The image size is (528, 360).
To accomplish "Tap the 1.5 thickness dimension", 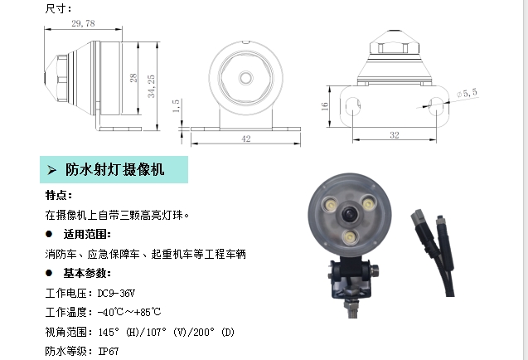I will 176,106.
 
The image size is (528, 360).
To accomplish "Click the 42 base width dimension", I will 246,139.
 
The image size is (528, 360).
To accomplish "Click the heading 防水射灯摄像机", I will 115,170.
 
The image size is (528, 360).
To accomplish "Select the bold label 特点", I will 58,196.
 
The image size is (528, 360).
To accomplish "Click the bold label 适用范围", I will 87,234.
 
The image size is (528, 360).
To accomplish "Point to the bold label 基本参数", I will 87,273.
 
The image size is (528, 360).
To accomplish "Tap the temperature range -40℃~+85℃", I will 128,313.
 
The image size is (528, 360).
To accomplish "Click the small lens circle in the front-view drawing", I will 246,75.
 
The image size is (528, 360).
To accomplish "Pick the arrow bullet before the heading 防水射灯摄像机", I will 51,170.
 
